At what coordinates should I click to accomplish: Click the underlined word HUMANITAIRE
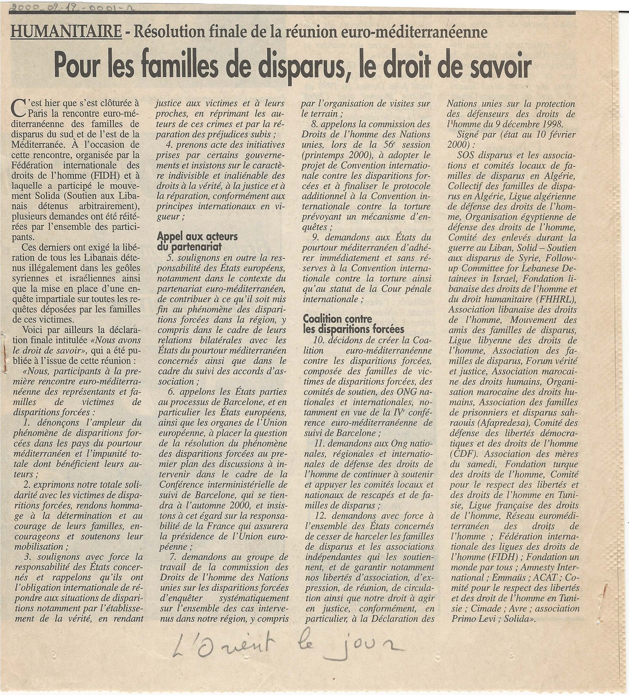coord(66,33)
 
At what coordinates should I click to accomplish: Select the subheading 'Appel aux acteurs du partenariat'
coord(197,242)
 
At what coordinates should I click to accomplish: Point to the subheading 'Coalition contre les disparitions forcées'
coord(353,324)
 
